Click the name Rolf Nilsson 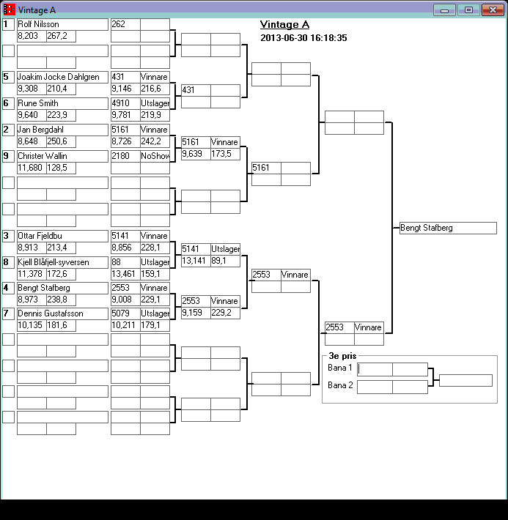point(62,24)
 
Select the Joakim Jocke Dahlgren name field point(62,77)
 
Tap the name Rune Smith point(62,103)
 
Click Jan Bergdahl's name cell point(62,130)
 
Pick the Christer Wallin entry point(62,156)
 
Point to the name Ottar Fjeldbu point(62,236)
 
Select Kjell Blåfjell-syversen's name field point(62,262)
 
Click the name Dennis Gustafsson point(62,313)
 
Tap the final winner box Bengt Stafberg point(447,228)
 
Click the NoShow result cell point(155,156)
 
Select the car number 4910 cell point(125,103)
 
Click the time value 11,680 point(31,168)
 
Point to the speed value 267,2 point(60,36)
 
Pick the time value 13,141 point(195,261)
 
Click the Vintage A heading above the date point(284,25)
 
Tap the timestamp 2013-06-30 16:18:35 point(303,38)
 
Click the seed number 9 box point(8,156)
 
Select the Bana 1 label point(339,368)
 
